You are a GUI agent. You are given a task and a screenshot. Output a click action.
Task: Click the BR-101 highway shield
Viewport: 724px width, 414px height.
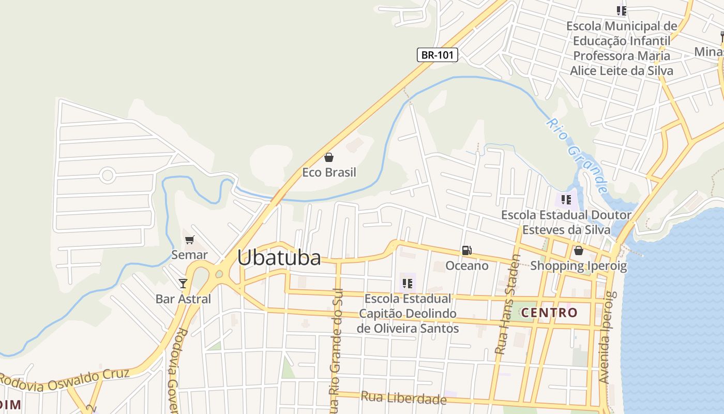438,55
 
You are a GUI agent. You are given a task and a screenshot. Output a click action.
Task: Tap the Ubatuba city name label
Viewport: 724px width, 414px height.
279,258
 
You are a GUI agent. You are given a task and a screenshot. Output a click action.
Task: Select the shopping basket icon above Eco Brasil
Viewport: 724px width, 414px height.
328,157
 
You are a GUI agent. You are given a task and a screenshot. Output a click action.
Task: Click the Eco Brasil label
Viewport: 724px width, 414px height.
329,172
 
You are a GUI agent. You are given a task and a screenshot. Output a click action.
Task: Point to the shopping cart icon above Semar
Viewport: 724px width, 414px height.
189,240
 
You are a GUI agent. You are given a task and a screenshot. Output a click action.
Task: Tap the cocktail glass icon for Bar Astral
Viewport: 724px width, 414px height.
183,283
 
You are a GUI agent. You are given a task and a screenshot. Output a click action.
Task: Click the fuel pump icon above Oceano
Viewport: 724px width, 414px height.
466,251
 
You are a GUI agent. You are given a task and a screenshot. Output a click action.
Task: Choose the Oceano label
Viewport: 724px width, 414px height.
467,265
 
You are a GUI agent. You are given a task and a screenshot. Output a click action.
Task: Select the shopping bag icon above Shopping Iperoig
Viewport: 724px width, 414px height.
578,251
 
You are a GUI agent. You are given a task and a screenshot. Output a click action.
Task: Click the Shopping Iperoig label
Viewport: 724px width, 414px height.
578,266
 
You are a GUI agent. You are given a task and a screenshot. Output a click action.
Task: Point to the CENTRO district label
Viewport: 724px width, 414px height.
549,313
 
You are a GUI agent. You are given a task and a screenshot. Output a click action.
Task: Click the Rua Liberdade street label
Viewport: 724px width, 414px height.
403,397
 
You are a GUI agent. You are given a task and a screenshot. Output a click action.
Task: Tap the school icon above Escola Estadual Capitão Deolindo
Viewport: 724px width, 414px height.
407,283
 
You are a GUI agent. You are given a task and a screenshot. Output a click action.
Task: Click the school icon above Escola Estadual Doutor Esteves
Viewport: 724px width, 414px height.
566,199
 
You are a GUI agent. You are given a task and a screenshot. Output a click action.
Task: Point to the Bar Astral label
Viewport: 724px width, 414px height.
183,299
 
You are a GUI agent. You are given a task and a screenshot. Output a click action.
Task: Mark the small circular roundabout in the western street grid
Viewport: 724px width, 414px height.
108,175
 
